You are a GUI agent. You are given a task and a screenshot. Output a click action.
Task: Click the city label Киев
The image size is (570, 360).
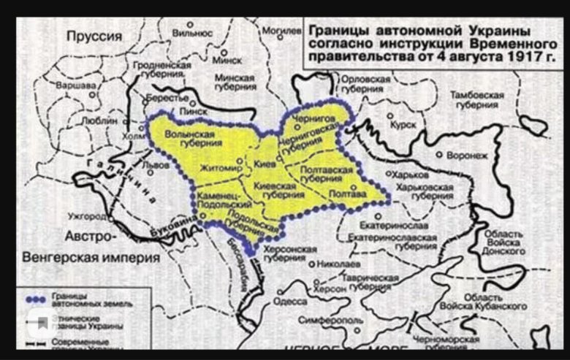265,165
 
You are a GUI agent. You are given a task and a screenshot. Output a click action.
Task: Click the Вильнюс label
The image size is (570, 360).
193,33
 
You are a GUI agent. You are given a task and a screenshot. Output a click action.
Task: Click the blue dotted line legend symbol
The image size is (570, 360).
36,299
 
